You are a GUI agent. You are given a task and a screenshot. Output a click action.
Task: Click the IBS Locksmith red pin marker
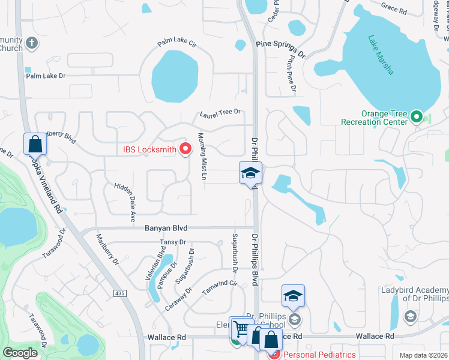[185, 148]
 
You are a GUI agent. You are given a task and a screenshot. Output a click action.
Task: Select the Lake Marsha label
[381, 55]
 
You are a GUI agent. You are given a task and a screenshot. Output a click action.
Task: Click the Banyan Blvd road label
[166, 228]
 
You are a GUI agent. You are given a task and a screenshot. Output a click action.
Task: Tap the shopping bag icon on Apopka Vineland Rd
[35, 145]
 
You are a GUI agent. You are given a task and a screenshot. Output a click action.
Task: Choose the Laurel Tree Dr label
[220, 112]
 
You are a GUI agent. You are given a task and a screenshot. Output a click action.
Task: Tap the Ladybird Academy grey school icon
[410, 316]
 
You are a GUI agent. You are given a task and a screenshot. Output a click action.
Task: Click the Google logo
[20, 353]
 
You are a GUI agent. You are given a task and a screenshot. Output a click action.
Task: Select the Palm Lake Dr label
[45, 77]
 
